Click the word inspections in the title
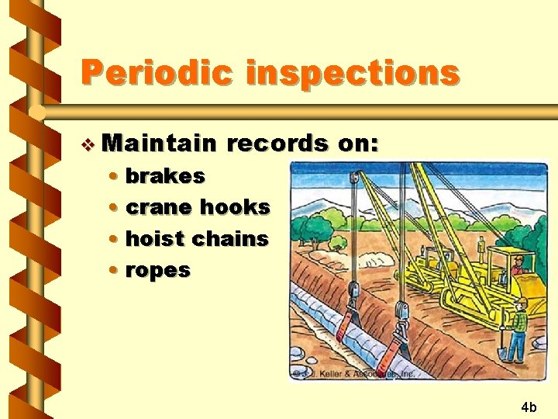point(353,74)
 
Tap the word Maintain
point(159,144)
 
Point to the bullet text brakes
point(165,176)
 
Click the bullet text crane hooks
point(198,207)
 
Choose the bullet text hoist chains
point(197,239)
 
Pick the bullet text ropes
point(157,270)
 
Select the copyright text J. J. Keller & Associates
point(353,373)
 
